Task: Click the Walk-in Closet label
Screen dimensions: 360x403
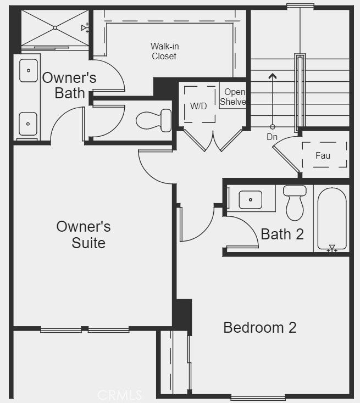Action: pyautogui.click(x=164, y=51)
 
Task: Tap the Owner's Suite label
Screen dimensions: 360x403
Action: pyautogui.click(x=84, y=234)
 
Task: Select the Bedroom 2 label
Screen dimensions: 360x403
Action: pyautogui.click(x=260, y=328)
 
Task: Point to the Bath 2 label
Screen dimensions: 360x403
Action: pyautogui.click(x=283, y=234)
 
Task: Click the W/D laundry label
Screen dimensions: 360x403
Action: pyautogui.click(x=198, y=106)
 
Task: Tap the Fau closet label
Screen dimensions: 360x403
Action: pyautogui.click(x=323, y=155)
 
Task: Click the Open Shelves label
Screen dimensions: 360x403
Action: pyautogui.click(x=233, y=97)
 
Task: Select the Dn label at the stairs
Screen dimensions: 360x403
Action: pyautogui.click(x=272, y=137)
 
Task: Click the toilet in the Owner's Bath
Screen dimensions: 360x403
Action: pyautogui.click(x=154, y=120)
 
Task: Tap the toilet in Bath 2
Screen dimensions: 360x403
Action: pyautogui.click(x=295, y=203)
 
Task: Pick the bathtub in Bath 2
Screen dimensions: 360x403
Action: pyautogui.click(x=332, y=219)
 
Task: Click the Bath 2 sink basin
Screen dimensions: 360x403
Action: pyautogui.click(x=251, y=200)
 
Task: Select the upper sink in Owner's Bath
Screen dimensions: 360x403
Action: pyautogui.click(x=29, y=71)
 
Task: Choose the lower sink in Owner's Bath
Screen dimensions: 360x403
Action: pyautogui.click(x=28, y=124)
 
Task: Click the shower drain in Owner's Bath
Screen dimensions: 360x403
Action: pyautogui.click(x=55, y=27)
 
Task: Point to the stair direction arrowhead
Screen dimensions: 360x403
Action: pyautogui.click(x=273, y=76)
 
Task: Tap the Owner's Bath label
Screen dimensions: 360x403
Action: pyautogui.click(x=69, y=85)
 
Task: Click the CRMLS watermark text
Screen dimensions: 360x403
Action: pyautogui.click(x=120, y=395)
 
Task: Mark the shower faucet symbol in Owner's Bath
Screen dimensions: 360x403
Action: pyautogui.click(x=85, y=27)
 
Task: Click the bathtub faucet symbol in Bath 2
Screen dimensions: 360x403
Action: pyautogui.click(x=332, y=248)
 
